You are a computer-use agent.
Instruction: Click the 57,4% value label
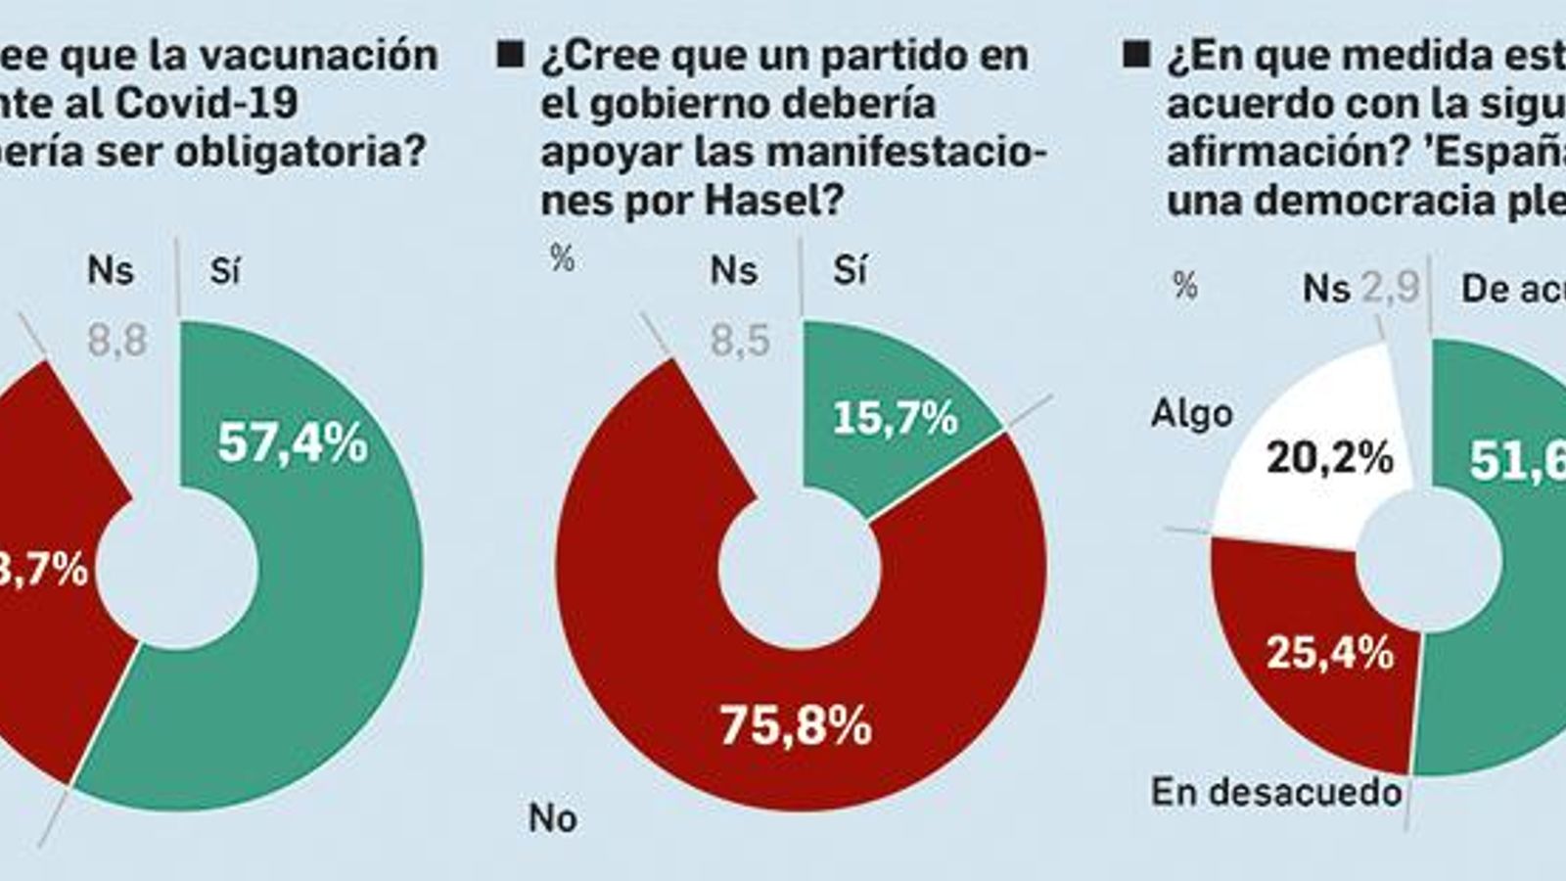click(293, 443)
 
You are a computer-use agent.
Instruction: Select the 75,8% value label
click(795, 726)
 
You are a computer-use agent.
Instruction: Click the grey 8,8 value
click(116, 342)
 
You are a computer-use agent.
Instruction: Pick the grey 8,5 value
click(740, 342)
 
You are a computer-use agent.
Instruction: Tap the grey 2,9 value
click(1392, 288)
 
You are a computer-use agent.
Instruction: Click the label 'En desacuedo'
click(1276, 791)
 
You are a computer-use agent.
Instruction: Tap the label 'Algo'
click(1191, 414)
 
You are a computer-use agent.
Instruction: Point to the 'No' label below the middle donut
click(552, 817)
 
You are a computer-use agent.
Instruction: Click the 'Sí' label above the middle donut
click(850, 270)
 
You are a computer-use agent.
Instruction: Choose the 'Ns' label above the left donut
click(110, 270)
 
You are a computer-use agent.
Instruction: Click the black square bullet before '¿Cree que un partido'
click(510, 55)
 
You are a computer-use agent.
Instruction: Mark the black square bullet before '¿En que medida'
click(1136, 55)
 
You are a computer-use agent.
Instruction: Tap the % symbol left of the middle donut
click(562, 258)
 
